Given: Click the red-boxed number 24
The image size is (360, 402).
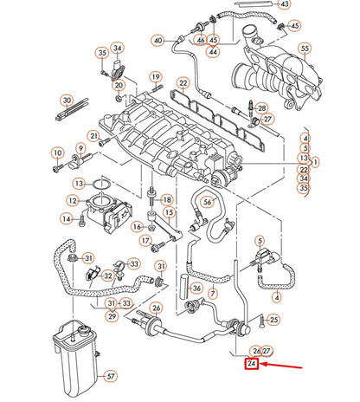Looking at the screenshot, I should pos(251,365).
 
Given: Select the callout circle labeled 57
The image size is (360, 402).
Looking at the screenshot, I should pos(110,377).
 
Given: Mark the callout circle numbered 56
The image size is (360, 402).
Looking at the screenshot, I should pos(206,203).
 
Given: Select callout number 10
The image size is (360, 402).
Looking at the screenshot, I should pos(58,153).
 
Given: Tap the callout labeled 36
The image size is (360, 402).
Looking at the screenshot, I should pos(196,289).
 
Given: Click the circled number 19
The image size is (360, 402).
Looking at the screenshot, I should pos(156,77).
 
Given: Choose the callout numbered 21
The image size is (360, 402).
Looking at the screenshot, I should pos(93,136).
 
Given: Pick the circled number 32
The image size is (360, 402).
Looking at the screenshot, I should pos(107,276).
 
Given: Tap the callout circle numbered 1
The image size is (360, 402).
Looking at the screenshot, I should pos(316,161).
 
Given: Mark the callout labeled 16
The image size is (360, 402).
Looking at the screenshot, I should pos(137,227).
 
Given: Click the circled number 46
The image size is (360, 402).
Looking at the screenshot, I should pos(201,40).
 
